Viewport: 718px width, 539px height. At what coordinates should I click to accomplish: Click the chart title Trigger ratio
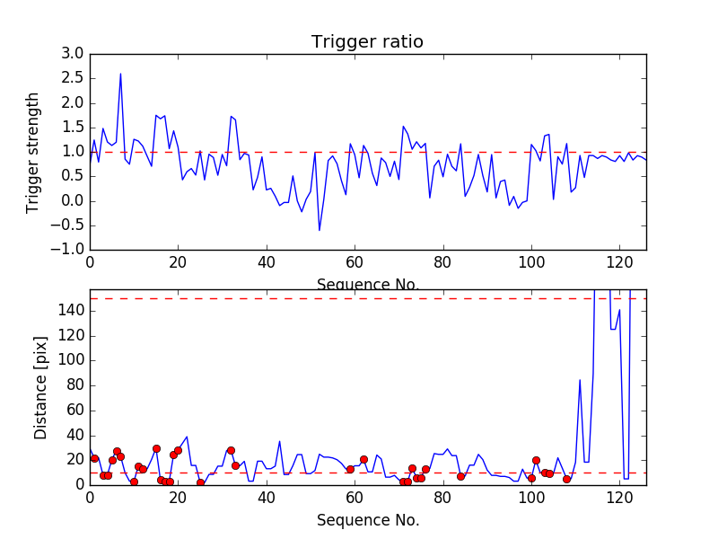click(367, 42)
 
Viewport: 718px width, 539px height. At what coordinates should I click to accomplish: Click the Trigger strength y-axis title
click(34, 152)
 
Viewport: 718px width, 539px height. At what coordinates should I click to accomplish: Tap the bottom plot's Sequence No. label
click(367, 520)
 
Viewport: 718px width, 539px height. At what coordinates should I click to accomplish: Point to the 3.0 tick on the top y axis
click(73, 54)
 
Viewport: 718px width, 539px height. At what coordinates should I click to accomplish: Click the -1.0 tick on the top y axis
click(70, 249)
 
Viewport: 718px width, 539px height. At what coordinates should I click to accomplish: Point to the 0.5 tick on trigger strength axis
click(73, 176)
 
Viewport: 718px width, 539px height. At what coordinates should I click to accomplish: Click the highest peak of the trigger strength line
click(120, 74)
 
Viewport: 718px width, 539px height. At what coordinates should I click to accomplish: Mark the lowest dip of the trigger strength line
click(319, 231)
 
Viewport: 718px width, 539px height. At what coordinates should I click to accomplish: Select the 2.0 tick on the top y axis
click(73, 102)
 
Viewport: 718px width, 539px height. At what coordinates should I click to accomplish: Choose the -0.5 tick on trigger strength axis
click(70, 225)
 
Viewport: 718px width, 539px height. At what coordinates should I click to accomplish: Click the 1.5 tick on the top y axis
click(73, 128)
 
